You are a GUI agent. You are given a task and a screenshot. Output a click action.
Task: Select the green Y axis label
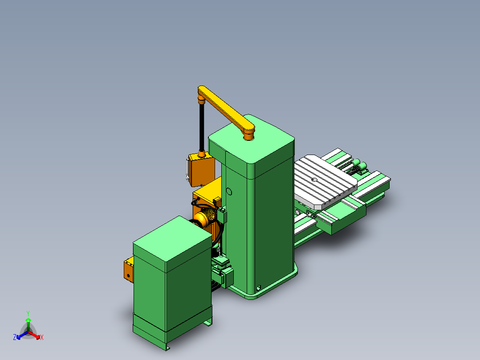click(28, 313)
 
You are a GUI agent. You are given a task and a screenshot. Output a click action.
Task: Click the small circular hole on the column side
click(229, 192)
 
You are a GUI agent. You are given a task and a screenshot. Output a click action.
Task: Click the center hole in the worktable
click(314, 180)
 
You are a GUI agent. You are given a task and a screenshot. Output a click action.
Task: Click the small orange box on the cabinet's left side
click(128, 270)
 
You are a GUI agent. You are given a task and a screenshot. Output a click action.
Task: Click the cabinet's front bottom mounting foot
click(167, 346)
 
